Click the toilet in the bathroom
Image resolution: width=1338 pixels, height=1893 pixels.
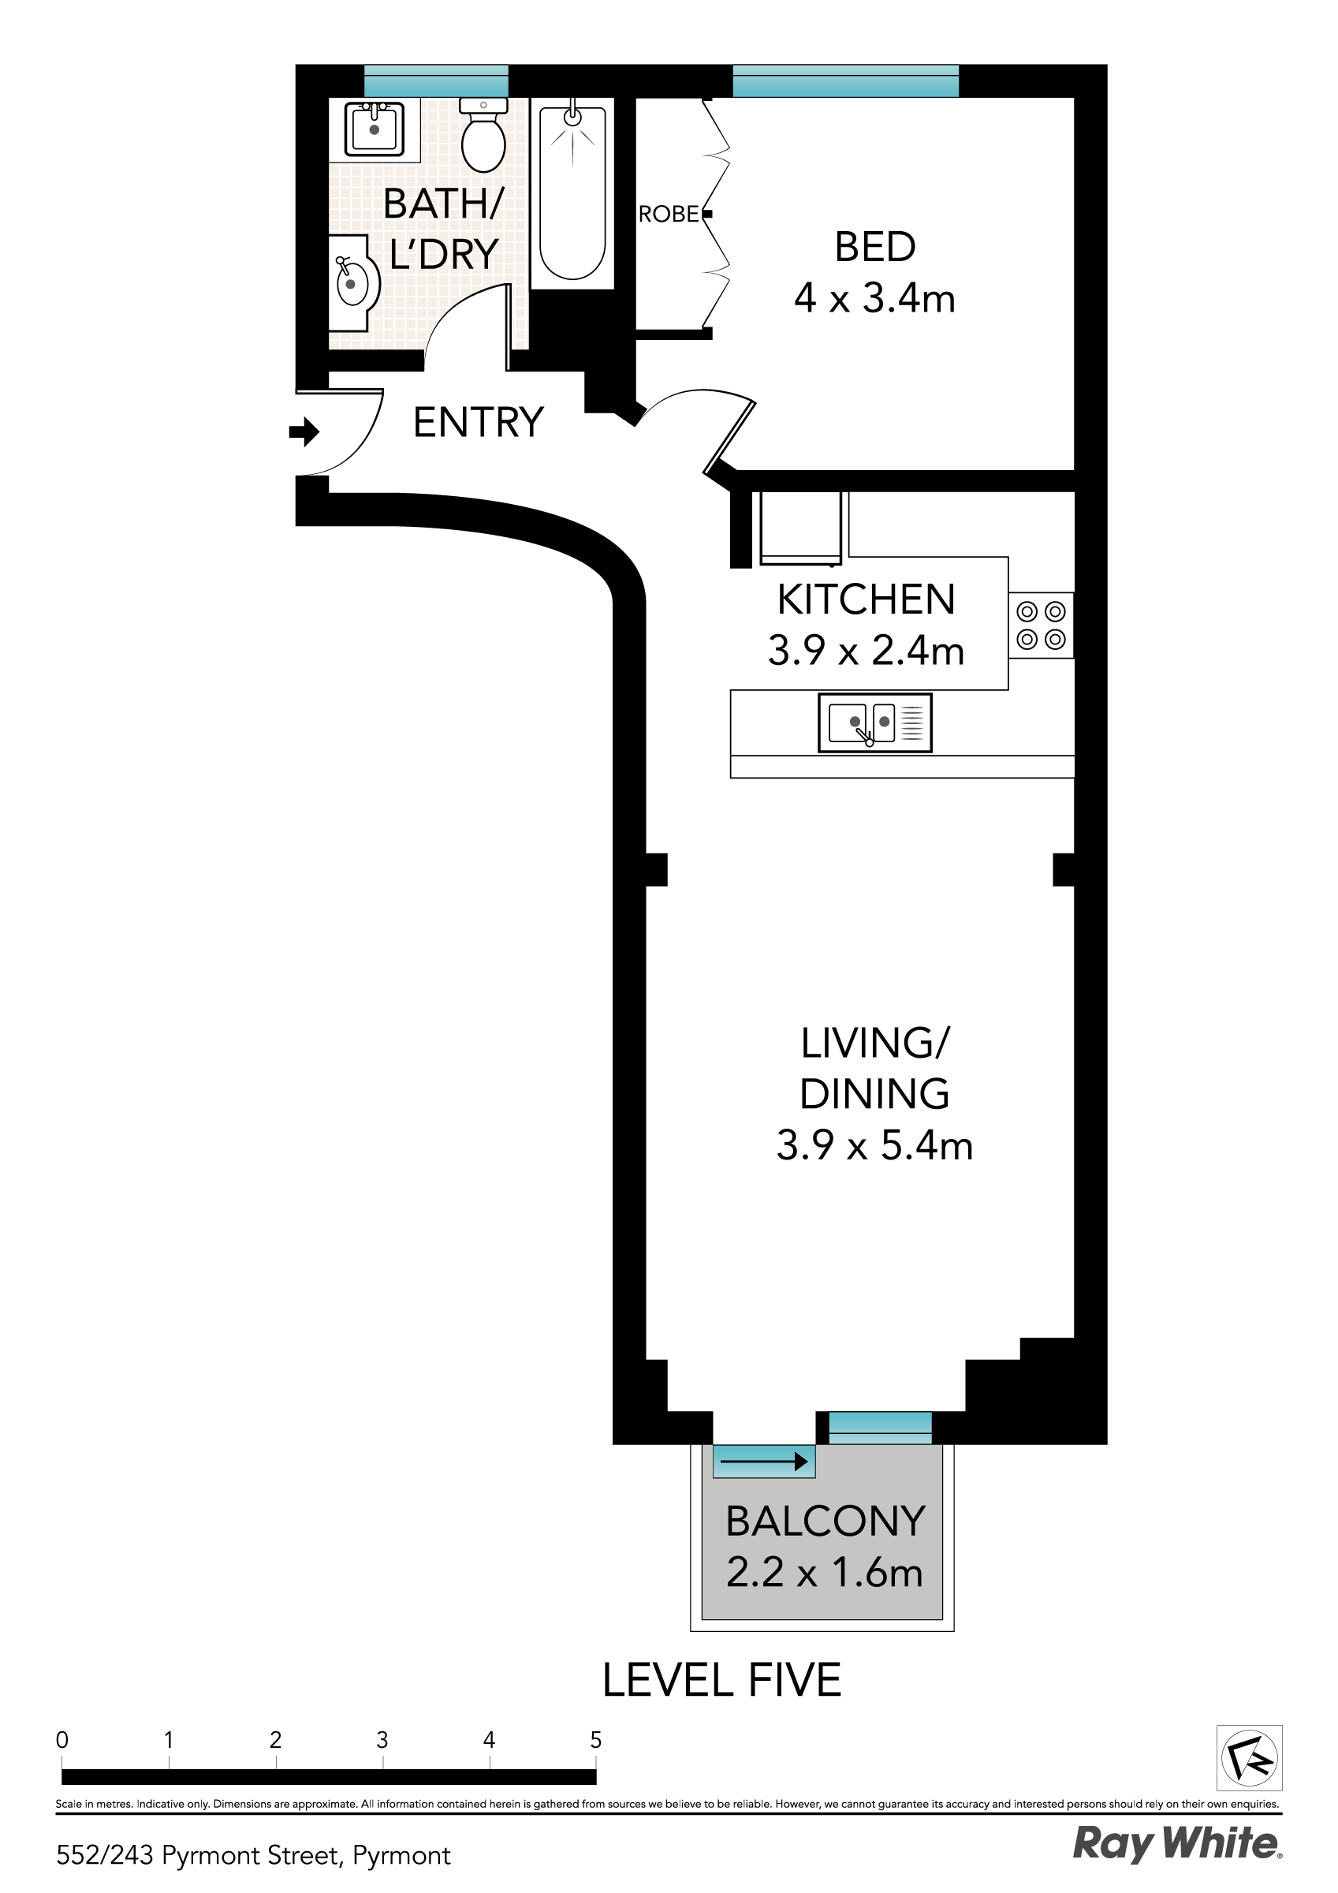[x=483, y=135]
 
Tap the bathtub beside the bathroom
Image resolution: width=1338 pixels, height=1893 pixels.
[x=572, y=193]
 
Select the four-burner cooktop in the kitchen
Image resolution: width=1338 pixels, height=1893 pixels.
[x=1041, y=625]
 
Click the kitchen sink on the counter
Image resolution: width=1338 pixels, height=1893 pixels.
[x=874, y=723]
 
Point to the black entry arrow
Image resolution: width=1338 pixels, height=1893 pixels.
[x=304, y=431]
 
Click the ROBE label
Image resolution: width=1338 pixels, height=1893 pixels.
[x=669, y=215]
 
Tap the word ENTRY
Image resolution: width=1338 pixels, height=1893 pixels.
[x=478, y=422]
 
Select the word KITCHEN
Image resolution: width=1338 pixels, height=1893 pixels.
[x=867, y=599]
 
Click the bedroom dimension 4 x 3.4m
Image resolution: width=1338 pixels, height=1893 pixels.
[x=874, y=297]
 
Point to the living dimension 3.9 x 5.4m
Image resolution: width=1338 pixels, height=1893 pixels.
[x=874, y=1145]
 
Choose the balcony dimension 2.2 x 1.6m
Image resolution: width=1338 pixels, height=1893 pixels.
[x=825, y=1572]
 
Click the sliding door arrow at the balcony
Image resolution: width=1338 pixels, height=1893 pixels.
[x=763, y=1462]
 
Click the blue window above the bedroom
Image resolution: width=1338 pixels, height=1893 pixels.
[x=846, y=80]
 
